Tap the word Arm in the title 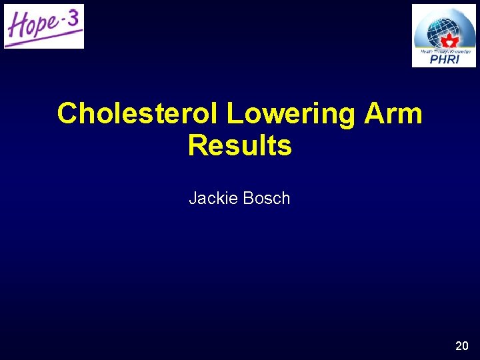[393, 114]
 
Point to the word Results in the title [240, 145]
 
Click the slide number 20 [461, 345]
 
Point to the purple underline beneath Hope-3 [43, 42]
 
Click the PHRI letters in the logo [444, 60]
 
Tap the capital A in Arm [373, 114]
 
